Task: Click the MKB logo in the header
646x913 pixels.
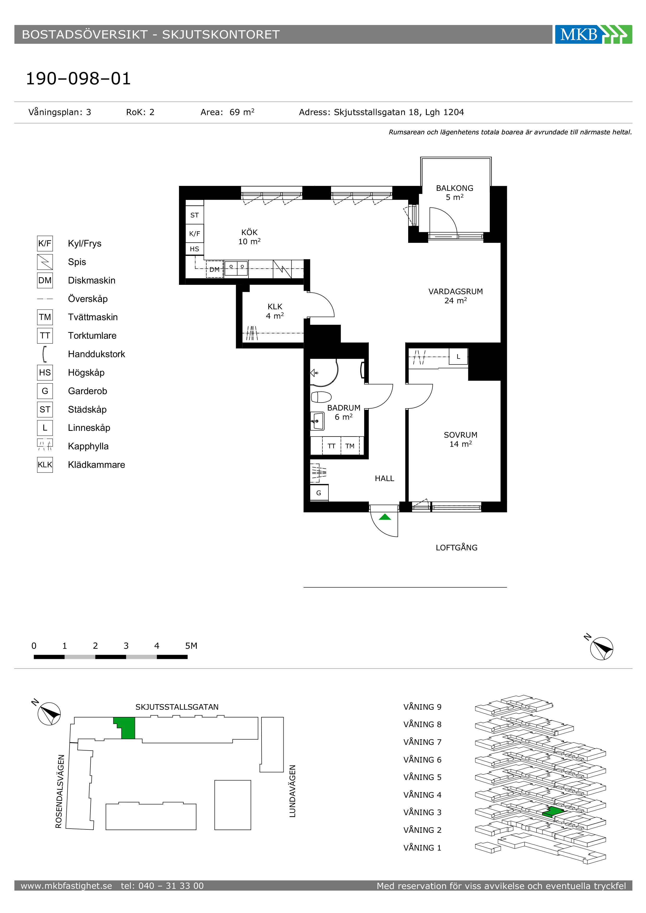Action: [x=593, y=34]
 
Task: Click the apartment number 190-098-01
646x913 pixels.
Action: [x=78, y=78]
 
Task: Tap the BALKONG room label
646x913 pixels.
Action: [x=454, y=188]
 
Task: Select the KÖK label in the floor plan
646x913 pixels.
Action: [x=249, y=232]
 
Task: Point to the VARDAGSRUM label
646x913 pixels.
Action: [x=456, y=292]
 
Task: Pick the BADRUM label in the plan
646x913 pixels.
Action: [x=344, y=408]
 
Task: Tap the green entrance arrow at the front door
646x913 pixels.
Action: [x=385, y=517]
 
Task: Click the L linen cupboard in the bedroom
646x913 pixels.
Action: [x=458, y=356]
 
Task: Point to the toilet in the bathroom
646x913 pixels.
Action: [x=321, y=397]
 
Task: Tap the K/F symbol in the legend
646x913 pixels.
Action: [x=45, y=243]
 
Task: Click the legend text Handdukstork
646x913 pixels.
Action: [x=96, y=354]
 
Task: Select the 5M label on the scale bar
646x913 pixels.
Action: [x=191, y=646]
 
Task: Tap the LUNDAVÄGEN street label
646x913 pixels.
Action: [x=292, y=791]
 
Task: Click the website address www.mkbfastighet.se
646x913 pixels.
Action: [x=66, y=886]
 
